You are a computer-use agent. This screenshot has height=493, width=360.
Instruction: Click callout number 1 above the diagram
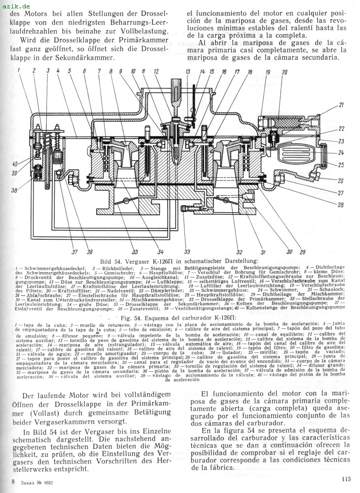click(x=19, y=70)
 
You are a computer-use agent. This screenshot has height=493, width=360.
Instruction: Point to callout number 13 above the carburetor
click(x=188, y=72)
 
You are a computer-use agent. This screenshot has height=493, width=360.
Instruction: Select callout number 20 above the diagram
click(x=284, y=72)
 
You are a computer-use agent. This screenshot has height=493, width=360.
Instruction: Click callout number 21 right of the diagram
click(x=341, y=105)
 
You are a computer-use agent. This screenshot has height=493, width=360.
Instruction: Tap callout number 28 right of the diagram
click(x=341, y=204)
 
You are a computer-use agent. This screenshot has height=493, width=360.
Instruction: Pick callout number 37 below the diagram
click(x=74, y=252)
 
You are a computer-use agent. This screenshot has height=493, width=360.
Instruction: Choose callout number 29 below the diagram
click(x=302, y=252)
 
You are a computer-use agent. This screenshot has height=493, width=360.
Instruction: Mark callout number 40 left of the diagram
click(x=15, y=164)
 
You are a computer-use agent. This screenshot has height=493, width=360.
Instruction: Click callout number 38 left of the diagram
click(x=15, y=191)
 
